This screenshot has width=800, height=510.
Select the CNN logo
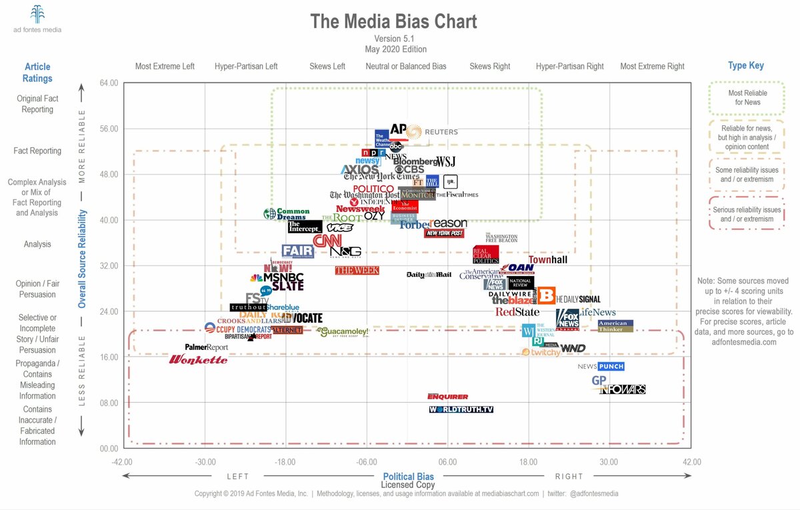(327, 241)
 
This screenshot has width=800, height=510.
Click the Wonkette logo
(198, 360)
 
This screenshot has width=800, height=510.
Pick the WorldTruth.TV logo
(461, 409)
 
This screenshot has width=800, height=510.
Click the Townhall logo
(547, 259)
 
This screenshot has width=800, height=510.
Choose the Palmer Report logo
(206, 347)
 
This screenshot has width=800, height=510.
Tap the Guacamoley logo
(343, 331)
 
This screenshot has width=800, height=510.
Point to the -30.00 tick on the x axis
(205, 462)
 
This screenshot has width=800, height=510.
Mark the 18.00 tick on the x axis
(528, 462)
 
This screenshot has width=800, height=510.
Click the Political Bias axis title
(408, 476)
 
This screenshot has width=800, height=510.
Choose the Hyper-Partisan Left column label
(246, 67)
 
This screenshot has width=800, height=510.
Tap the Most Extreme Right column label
(652, 67)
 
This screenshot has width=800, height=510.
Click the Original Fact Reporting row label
(37, 104)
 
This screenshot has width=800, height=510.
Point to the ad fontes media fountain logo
(38, 14)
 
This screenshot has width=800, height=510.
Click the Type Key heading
(746, 65)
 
